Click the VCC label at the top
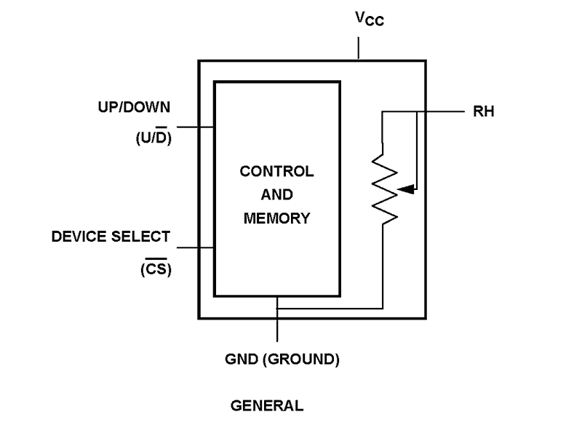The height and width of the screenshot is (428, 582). (369, 18)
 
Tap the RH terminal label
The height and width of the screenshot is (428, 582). (484, 112)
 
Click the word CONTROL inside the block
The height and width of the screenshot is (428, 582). (277, 173)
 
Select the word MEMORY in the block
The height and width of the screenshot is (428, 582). (277, 217)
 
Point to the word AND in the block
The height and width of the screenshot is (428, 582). (277, 195)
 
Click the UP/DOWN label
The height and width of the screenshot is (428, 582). (134, 108)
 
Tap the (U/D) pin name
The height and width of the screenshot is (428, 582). (154, 137)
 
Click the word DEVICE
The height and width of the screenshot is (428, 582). (81, 237)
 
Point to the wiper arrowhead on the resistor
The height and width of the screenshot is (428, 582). (407, 189)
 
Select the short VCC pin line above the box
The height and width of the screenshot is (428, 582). (359, 48)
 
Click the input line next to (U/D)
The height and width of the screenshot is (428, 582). (194, 127)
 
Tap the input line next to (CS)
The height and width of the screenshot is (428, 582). (194, 247)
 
